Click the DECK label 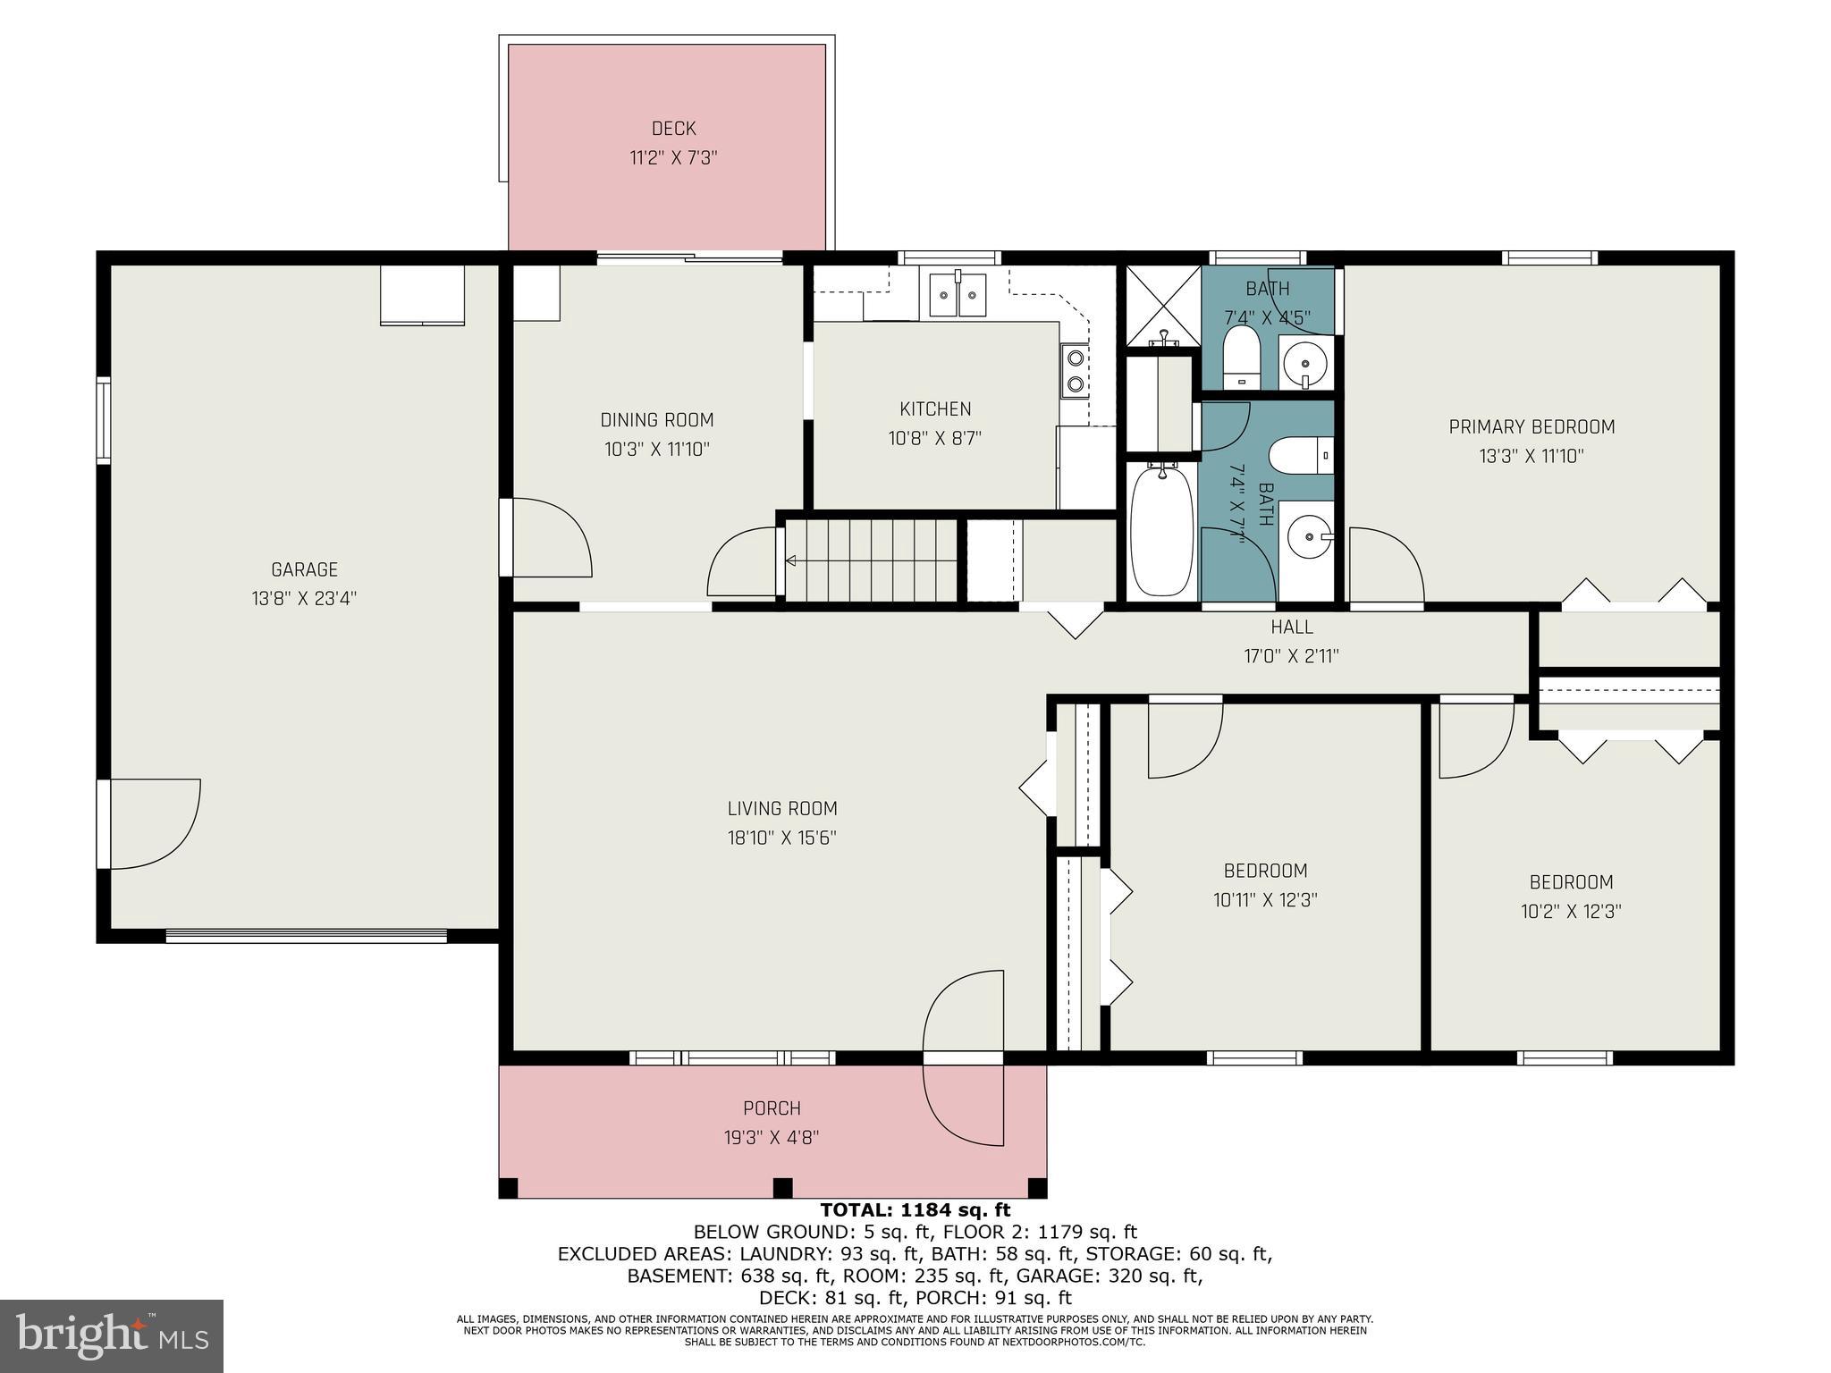673,129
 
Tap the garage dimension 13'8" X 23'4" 304,598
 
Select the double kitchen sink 958,294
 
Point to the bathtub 1161,531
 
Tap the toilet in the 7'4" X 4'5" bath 1240,357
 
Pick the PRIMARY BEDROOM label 1531,427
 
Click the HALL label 1291,628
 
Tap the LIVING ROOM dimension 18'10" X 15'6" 781,838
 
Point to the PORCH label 772,1108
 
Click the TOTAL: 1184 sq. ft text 915,1210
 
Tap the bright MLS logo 111,1336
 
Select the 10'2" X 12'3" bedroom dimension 1571,912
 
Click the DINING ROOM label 656,420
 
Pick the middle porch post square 782,1188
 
